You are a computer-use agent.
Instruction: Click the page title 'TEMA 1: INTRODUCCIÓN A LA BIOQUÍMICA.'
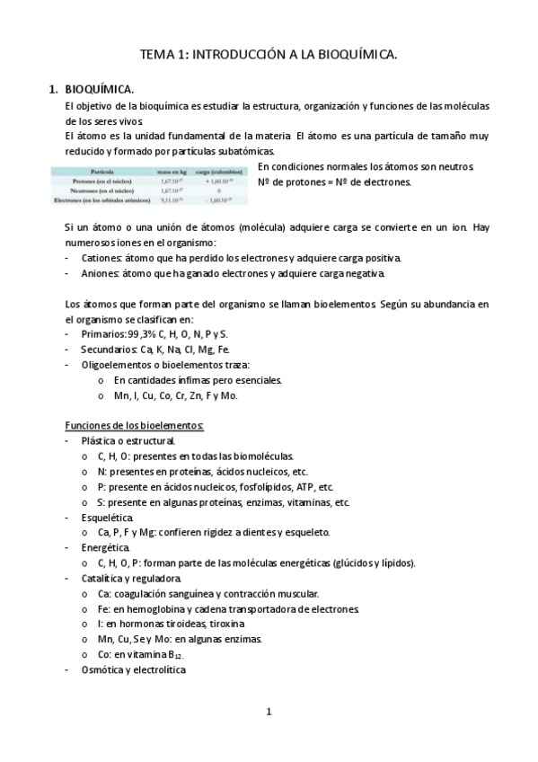point(269,56)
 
